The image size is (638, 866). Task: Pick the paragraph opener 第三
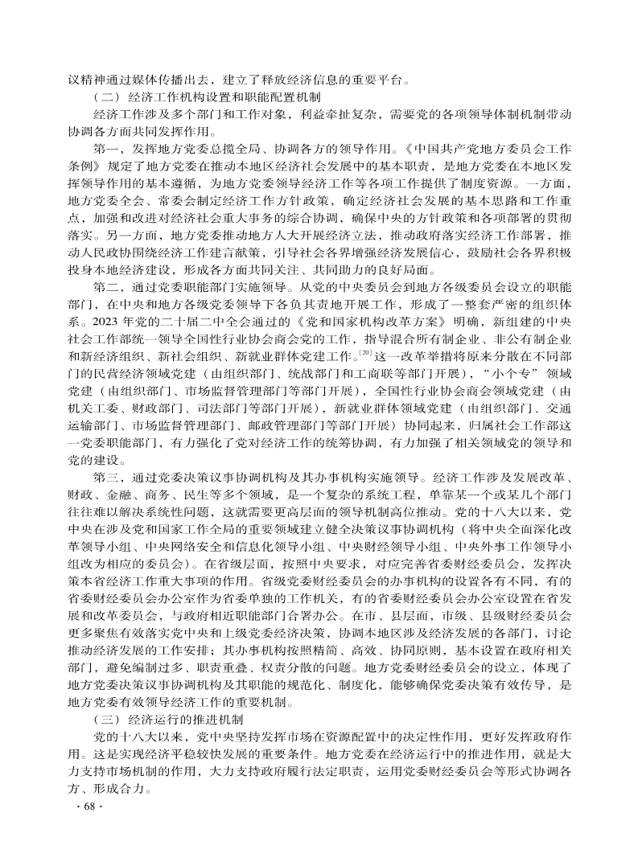click(106, 477)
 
